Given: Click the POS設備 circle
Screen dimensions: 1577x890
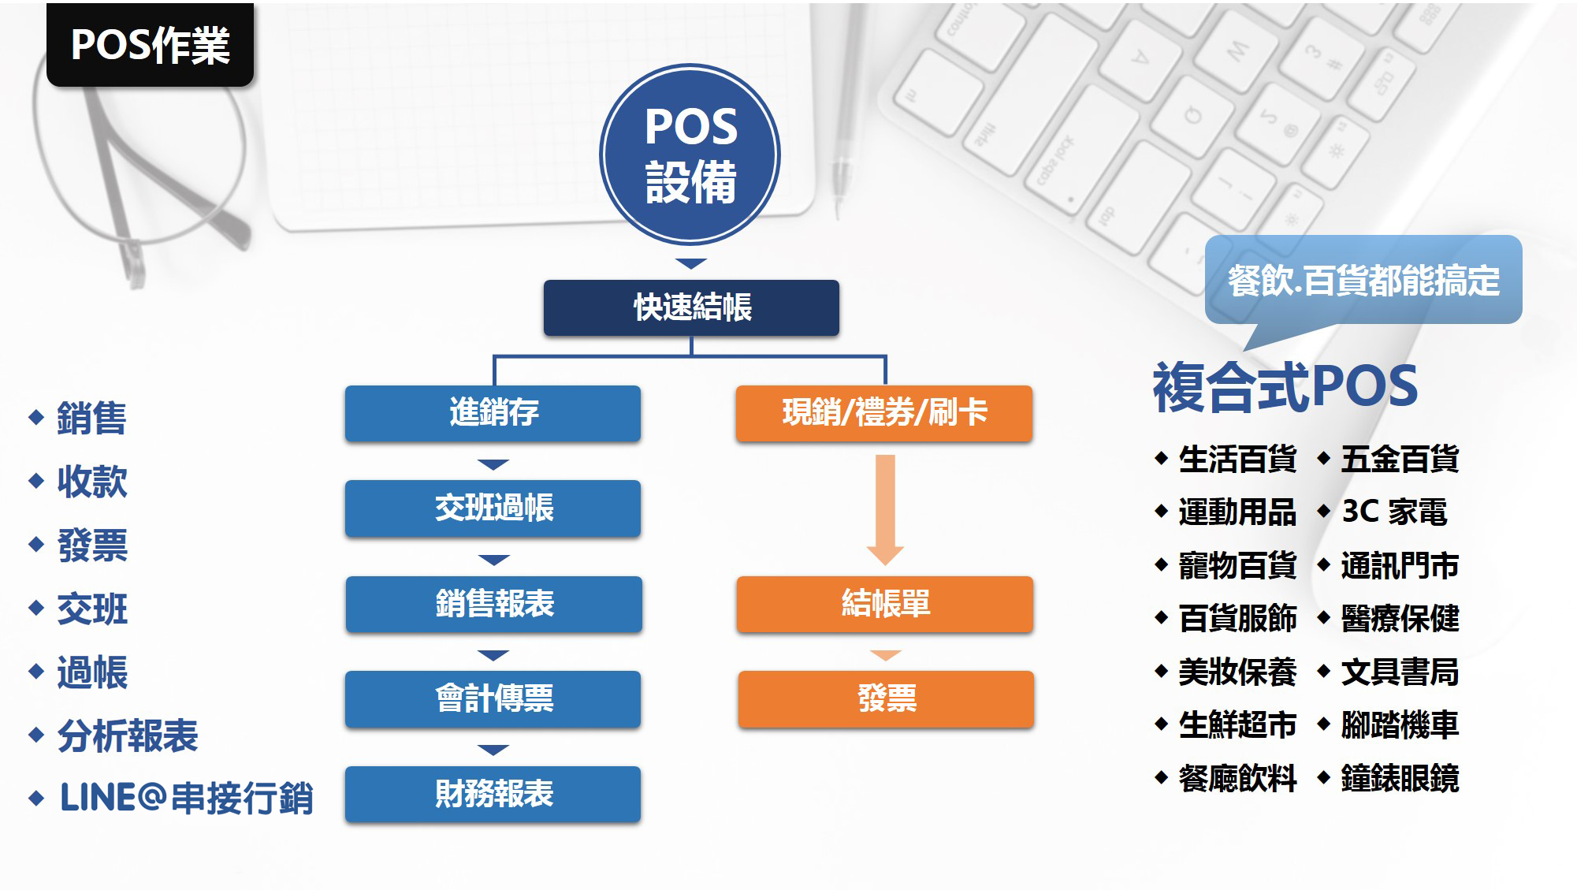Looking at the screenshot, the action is coord(690,155).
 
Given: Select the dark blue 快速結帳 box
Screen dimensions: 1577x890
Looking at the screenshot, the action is coord(691,307).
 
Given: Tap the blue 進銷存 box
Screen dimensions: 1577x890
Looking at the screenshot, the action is coord(493,413).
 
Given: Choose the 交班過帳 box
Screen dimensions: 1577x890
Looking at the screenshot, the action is coord(493,508).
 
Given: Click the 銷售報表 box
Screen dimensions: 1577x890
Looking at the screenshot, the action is coord(493,604).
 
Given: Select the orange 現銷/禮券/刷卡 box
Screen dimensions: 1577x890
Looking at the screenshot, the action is coord(884,413).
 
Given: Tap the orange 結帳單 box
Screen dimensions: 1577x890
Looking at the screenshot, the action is coord(885,604).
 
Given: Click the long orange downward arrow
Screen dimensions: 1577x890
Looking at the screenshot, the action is coord(885,509).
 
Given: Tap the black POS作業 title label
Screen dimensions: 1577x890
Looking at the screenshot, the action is coord(150,44).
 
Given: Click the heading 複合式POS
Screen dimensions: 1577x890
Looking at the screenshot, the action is coord(1285,387).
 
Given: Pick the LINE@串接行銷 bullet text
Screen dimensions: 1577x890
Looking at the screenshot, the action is coord(187,799).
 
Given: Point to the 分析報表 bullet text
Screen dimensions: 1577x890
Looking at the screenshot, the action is coord(128,736).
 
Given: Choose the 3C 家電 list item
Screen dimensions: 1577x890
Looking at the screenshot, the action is coord(1394,512).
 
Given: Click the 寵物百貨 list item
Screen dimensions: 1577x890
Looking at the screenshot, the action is coord(1237,565).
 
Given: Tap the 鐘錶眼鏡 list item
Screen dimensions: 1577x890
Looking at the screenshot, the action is coord(1400,778).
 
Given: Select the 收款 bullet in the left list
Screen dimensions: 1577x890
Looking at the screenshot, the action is coord(92,482).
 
